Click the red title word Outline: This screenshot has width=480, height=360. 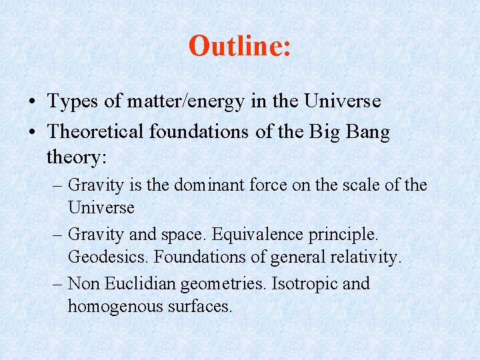[x=239, y=46]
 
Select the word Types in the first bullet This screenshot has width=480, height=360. [x=71, y=102]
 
